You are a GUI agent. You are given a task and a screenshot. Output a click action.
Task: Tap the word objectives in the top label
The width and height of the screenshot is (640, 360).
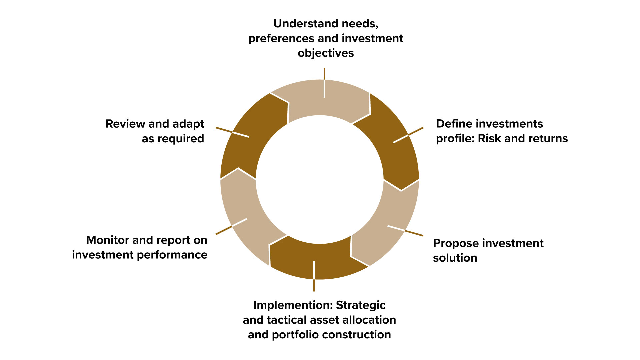pos(326,53)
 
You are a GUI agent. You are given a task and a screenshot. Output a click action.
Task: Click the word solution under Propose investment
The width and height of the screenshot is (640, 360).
pos(455,258)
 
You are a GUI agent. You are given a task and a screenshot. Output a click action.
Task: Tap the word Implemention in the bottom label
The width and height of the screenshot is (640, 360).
pos(293,305)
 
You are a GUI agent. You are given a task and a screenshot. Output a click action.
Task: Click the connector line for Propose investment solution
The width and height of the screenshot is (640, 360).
pos(405,231)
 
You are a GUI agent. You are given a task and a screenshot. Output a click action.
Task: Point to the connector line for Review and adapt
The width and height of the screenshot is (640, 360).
pos(232,132)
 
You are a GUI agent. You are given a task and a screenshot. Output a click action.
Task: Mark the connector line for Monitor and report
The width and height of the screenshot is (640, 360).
pos(231,226)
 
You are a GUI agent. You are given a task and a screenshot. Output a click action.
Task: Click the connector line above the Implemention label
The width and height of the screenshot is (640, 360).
pos(314,276)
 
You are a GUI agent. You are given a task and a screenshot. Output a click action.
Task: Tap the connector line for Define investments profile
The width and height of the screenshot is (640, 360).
pos(408,135)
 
